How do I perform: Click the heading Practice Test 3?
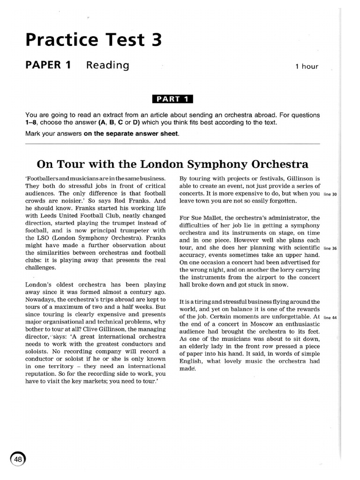coord(94,40)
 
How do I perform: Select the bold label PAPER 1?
coord(48,65)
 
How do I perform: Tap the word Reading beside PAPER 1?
coord(107,65)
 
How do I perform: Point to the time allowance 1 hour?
coord(307,67)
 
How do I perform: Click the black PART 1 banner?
coord(172,98)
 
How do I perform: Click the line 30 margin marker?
coord(330,194)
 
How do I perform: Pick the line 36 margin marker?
coord(330,248)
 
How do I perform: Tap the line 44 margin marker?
coord(330,317)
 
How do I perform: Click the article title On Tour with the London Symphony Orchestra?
coord(172,164)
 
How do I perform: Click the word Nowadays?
coord(41,300)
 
